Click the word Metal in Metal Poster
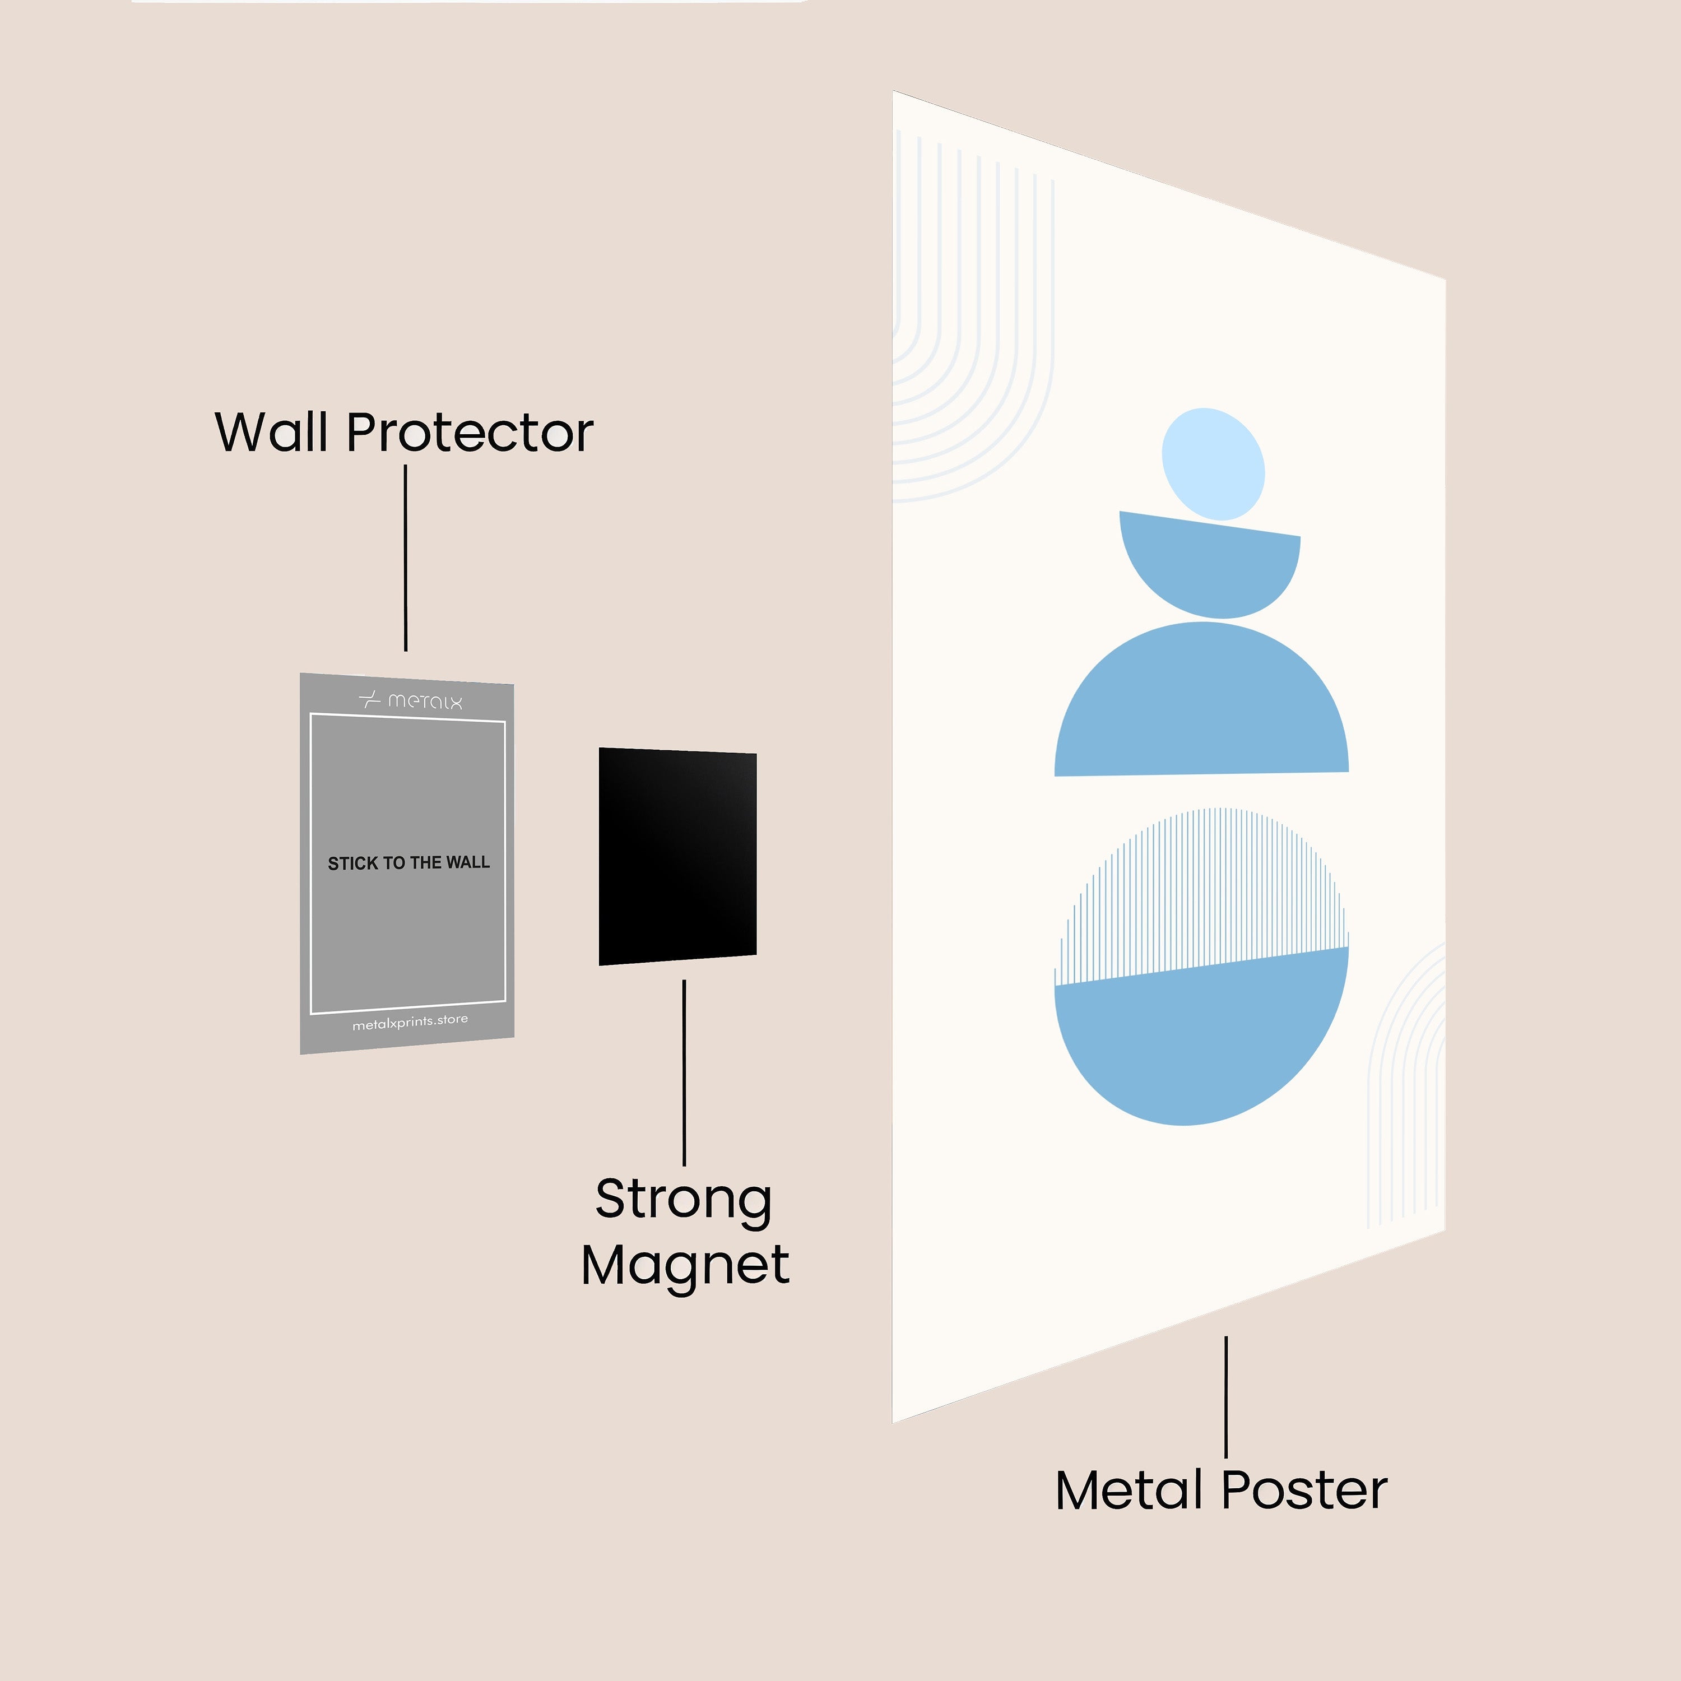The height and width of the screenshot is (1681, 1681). (1130, 1490)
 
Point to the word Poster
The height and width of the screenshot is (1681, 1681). (1304, 1490)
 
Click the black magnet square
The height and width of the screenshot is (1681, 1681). (678, 856)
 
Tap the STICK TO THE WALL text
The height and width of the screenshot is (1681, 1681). (409, 863)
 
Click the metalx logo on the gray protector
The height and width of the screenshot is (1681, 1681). (411, 700)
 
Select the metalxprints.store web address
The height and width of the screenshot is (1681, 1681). (410, 1023)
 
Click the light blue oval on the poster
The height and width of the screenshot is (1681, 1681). (1214, 465)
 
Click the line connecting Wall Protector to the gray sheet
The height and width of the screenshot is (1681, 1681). (406, 558)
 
